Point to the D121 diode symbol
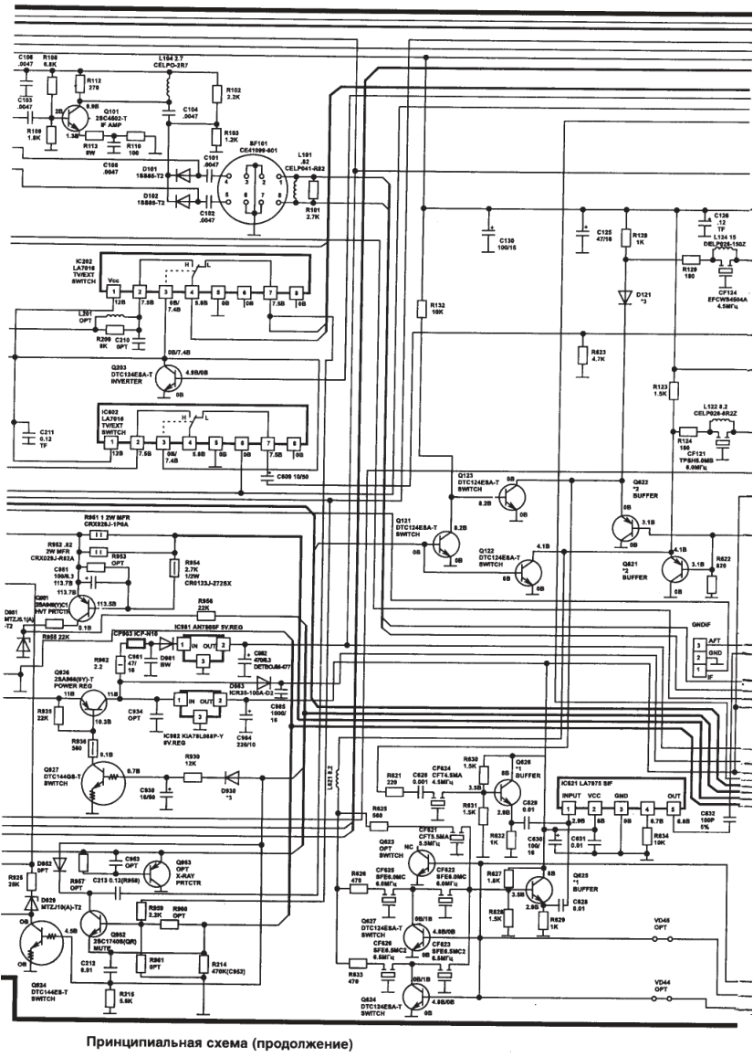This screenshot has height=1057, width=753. [x=625, y=296]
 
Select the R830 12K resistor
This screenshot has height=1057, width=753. [x=192, y=764]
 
